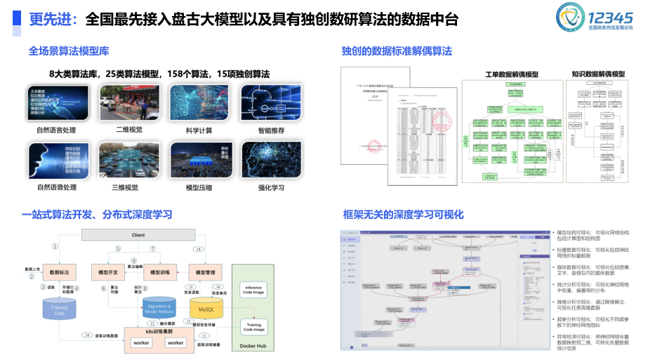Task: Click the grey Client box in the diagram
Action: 138,234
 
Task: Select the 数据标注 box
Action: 58,272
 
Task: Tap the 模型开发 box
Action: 108,272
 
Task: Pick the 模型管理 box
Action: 205,272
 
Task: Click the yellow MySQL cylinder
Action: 205,309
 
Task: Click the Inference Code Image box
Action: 254,291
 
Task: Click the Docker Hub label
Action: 253,347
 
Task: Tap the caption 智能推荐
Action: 270,131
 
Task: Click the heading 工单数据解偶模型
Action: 512,74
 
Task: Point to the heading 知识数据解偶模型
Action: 598,73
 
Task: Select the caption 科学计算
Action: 199,131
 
